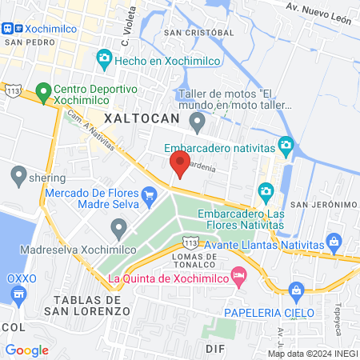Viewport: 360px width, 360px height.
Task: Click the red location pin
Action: pyautogui.click(x=180, y=164)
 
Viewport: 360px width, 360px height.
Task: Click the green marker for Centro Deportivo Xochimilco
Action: pyautogui.click(x=42, y=91)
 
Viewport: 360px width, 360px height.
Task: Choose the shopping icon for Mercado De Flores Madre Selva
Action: pyautogui.click(x=149, y=194)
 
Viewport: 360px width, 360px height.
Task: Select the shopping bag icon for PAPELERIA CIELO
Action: pyautogui.click(x=297, y=290)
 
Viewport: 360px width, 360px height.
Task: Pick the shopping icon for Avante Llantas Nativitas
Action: pyautogui.click(x=336, y=242)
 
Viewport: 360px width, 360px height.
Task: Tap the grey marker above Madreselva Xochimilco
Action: pyautogui.click(x=119, y=230)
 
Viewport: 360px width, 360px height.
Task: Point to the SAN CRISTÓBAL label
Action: pyautogui.click(x=198, y=33)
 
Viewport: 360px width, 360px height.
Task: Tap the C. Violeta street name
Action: pyautogui.click(x=126, y=30)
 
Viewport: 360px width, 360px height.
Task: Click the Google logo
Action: pyautogui.click(x=27, y=350)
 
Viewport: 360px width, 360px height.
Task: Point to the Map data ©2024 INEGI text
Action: pyautogui.click(x=311, y=353)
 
